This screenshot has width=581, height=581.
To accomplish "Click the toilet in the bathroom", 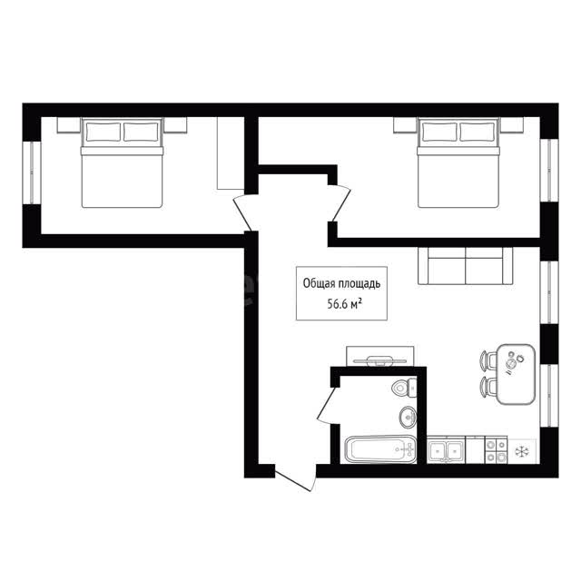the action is click(404, 388).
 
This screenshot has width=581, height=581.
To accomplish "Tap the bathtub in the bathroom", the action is click(380, 449).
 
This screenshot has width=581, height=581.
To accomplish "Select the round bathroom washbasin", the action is click(409, 418).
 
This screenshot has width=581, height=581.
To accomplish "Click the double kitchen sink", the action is click(446, 450).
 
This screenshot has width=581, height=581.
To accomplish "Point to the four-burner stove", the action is click(497, 450).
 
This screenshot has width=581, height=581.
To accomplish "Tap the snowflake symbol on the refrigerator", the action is click(522, 451).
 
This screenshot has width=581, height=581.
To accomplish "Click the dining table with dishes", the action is click(516, 374).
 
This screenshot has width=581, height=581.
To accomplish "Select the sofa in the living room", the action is click(466, 266).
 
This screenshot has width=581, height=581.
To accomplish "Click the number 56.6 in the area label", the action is click(336, 305).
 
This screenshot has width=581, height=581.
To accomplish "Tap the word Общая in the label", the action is click(317, 284).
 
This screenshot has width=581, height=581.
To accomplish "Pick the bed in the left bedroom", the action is click(122, 162).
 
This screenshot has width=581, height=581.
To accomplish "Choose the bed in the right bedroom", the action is click(458, 162).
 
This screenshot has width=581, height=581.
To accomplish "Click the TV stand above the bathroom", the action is click(379, 357).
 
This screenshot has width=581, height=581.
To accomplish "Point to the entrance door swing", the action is click(296, 478).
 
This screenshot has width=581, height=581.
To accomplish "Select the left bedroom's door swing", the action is click(245, 212).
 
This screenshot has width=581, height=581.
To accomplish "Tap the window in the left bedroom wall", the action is click(32, 172).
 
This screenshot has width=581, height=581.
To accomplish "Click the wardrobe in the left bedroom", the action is click(231, 153).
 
